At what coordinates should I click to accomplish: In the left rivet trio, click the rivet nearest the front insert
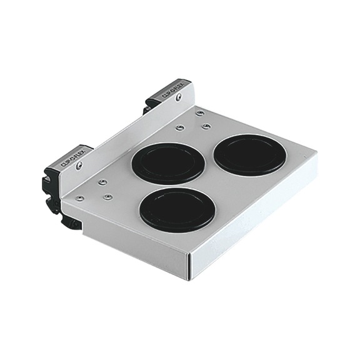[x=107, y=196]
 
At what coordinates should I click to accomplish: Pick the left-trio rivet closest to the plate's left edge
[x=80, y=198]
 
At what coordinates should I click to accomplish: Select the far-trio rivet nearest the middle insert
[x=179, y=128]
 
